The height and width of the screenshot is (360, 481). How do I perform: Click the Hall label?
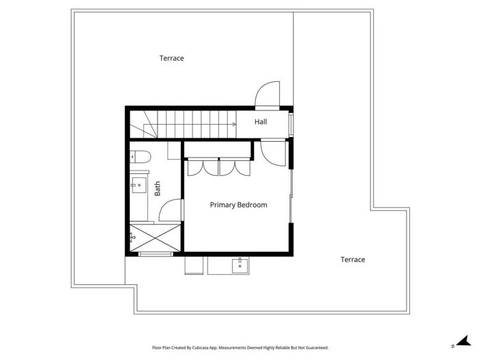pos(261,122)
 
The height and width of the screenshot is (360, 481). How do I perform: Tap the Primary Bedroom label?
pos(238,205)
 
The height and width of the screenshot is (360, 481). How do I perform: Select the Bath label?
pos(157,188)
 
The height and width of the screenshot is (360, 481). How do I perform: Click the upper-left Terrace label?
pos(171,59)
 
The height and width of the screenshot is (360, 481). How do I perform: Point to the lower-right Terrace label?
pos(353,259)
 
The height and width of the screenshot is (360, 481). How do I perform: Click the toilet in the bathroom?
pos(139,157)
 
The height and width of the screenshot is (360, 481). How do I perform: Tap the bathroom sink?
pos(139,183)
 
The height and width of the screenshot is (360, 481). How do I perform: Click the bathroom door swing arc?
pos(174,208)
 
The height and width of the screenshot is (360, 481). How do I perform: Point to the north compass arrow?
pos(461,341)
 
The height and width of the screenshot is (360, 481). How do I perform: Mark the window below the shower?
pos(156,254)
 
